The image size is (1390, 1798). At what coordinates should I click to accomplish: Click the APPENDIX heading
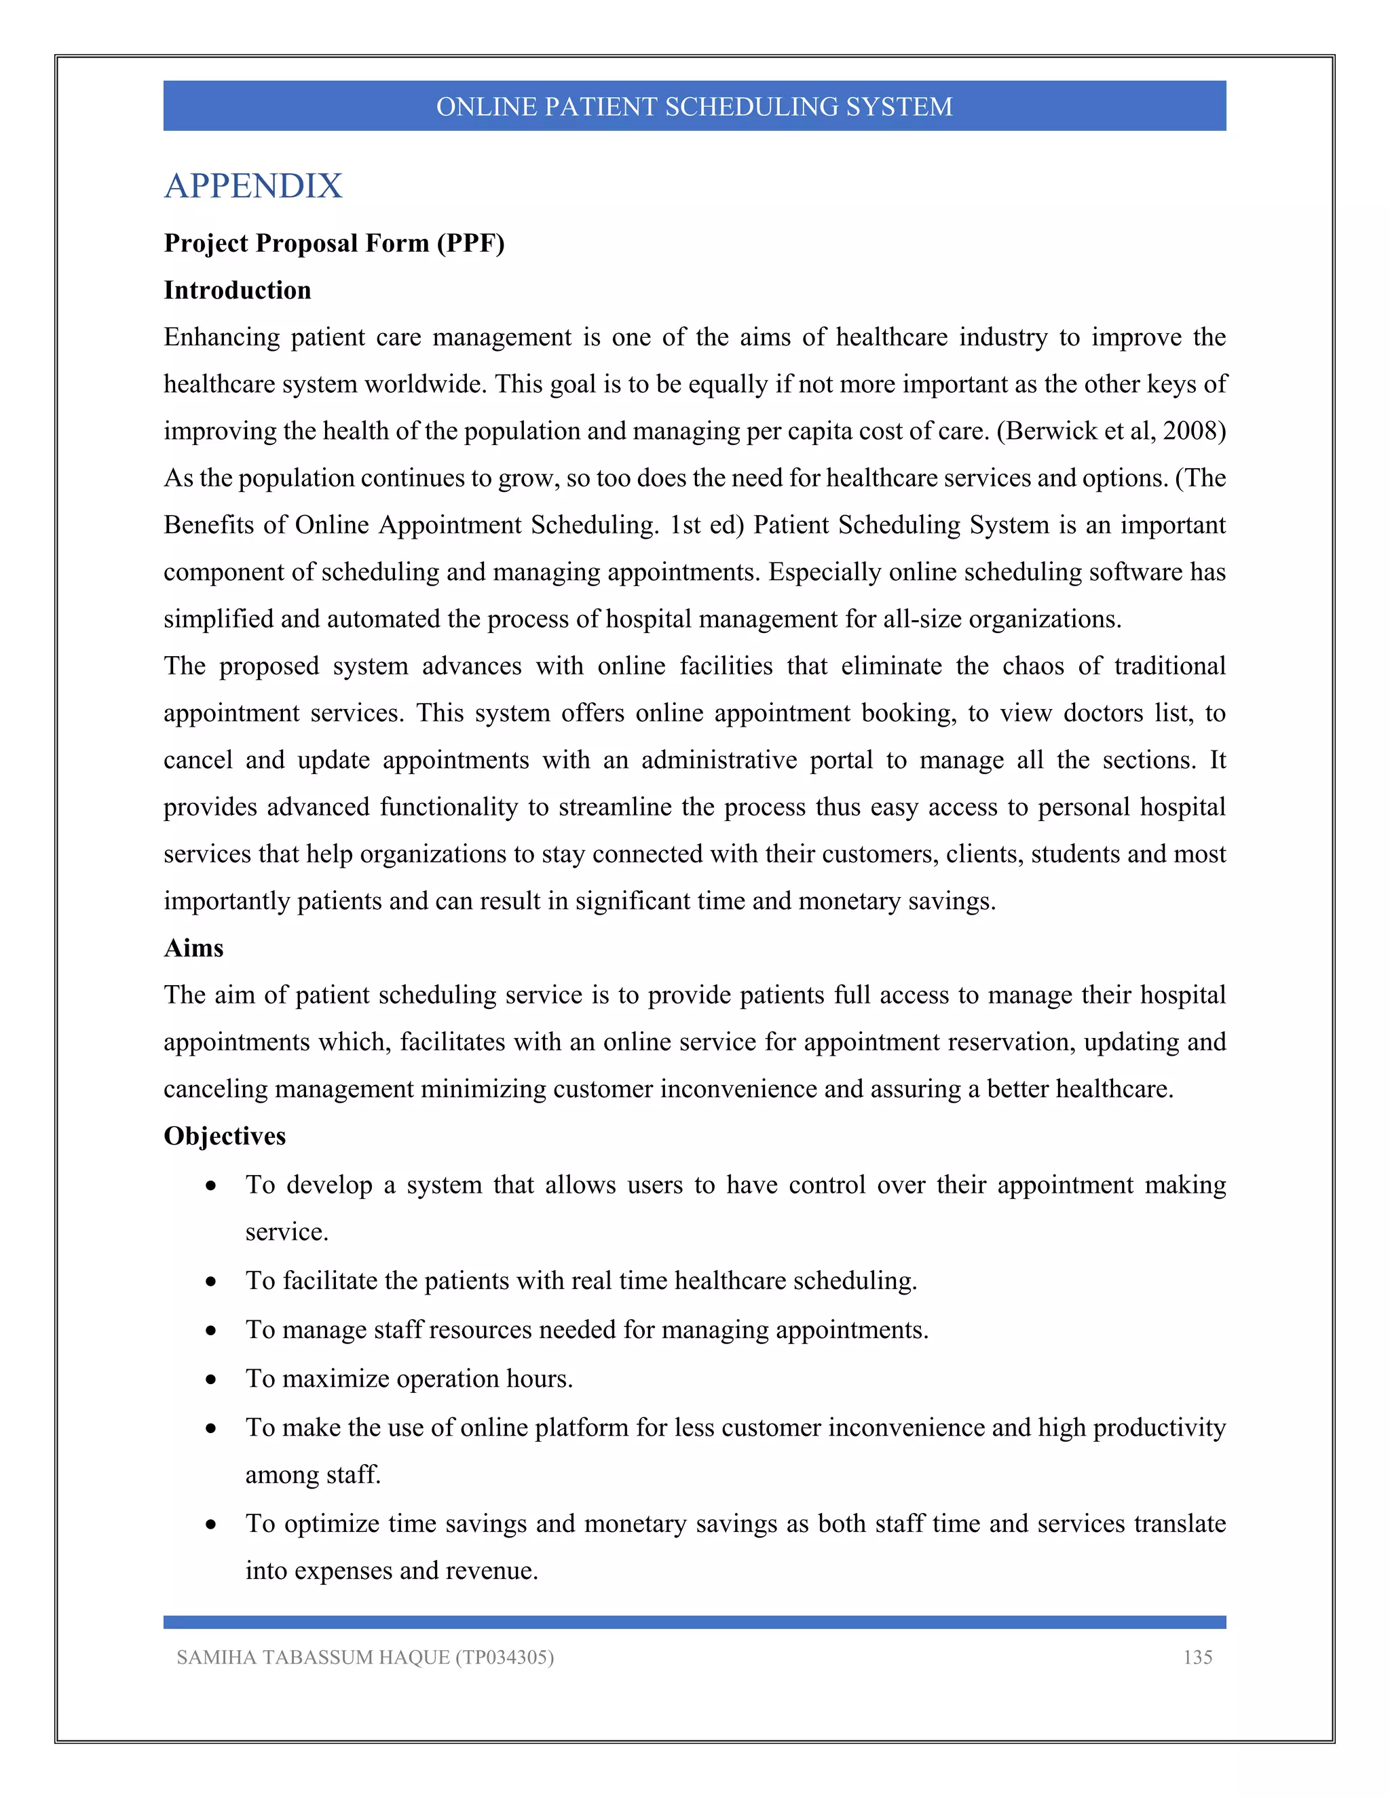pyautogui.click(x=252, y=186)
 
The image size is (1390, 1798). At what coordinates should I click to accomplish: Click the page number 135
pyautogui.click(x=1197, y=1658)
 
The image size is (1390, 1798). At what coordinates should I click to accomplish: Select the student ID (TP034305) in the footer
pyautogui.click(x=504, y=1658)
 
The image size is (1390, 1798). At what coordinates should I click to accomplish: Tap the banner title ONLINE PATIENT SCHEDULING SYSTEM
pyautogui.click(x=694, y=107)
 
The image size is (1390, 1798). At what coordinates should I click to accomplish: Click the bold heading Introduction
pyautogui.click(x=237, y=290)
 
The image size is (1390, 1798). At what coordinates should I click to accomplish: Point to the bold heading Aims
pyautogui.click(x=193, y=948)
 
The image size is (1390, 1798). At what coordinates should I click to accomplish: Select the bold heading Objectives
pyautogui.click(x=224, y=1135)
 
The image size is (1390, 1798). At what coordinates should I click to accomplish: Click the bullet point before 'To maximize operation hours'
pyautogui.click(x=212, y=1379)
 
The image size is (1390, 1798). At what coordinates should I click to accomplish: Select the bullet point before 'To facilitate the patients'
pyautogui.click(x=212, y=1281)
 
